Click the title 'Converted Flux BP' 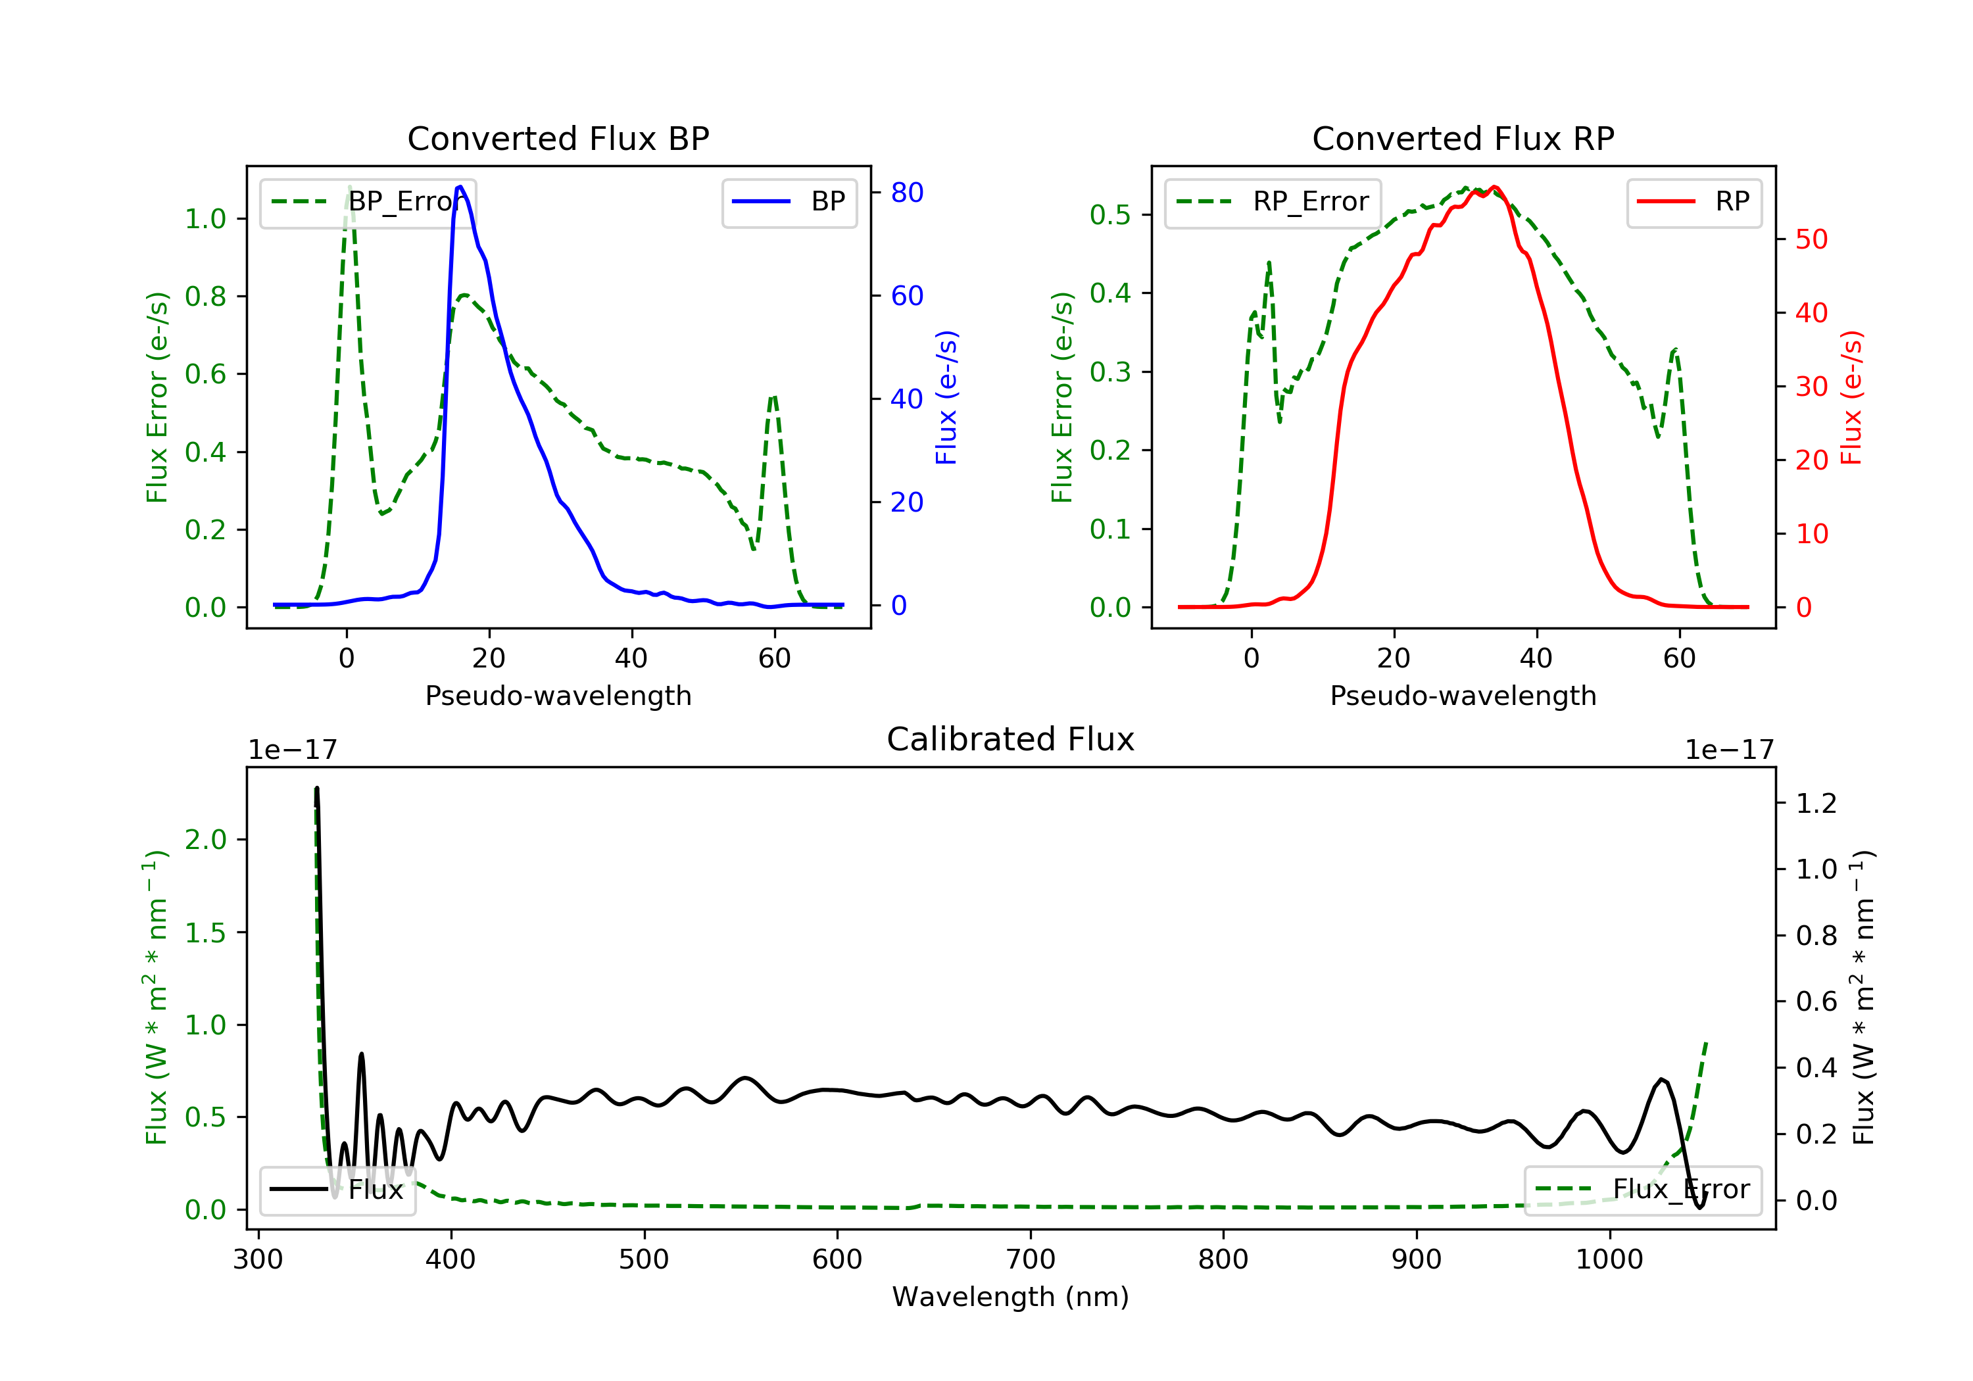pyautogui.click(x=558, y=138)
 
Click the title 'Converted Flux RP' pyautogui.click(x=1463, y=138)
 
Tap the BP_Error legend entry pyautogui.click(x=368, y=202)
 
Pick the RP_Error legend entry pyautogui.click(x=1273, y=202)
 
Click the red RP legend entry pyautogui.click(x=1693, y=202)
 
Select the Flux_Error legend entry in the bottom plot pyautogui.click(x=1642, y=1190)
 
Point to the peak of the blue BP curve pyautogui.click(x=460, y=187)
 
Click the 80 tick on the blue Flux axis pyautogui.click(x=906, y=193)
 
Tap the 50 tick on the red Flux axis pyautogui.click(x=1811, y=240)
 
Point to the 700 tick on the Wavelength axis pyautogui.click(x=1031, y=1260)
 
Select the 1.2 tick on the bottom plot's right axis pyautogui.click(x=1816, y=804)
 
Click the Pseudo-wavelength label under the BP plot pyautogui.click(x=558, y=695)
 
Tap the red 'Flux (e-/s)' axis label pyautogui.click(x=1851, y=397)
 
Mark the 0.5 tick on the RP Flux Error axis pyautogui.click(x=1109, y=215)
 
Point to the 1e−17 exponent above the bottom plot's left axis pyautogui.click(x=292, y=750)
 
